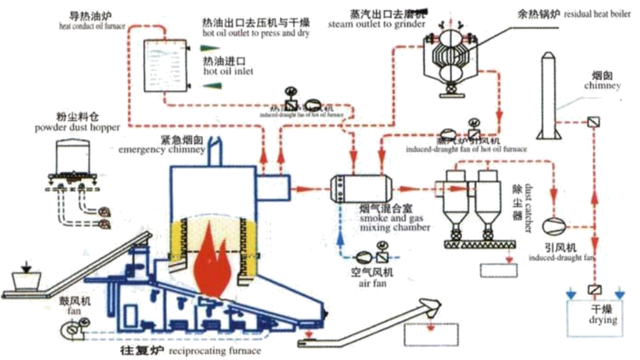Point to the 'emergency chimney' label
click(x=162, y=150)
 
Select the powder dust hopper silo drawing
click(x=73, y=158)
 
